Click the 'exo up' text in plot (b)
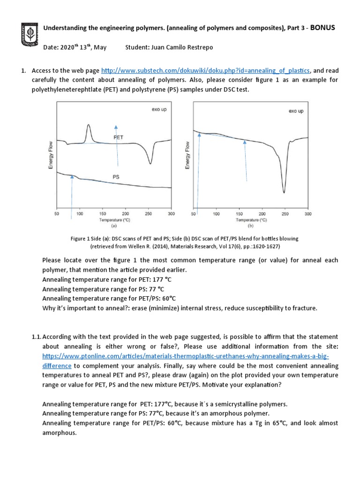(296, 111)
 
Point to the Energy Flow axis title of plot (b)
(187, 156)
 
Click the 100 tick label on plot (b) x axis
(216, 214)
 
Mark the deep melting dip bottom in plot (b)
(284, 192)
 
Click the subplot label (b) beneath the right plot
(250, 225)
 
